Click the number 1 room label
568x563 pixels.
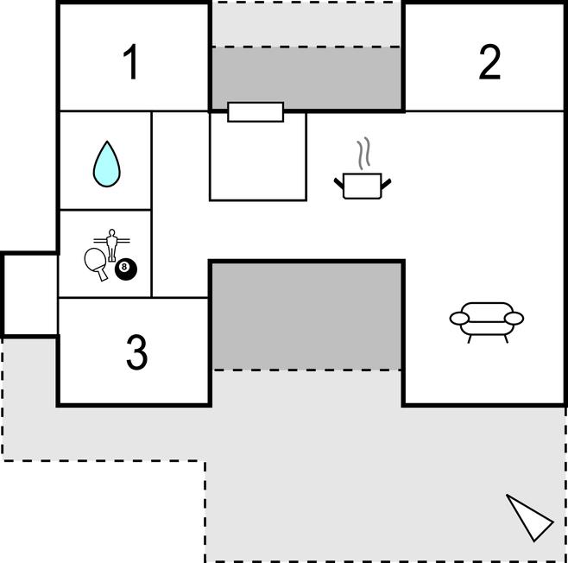click(x=131, y=63)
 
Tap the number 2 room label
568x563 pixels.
click(x=489, y=62)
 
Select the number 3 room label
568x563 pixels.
click(x=136, y=352)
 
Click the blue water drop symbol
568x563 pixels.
click(x=106, y=163)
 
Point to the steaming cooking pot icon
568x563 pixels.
click(x=363, y=184)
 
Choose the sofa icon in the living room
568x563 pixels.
click(x=486, y=319)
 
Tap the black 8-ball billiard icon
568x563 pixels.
click(x=125, y=269)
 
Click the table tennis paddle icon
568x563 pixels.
click(x=96, y=261)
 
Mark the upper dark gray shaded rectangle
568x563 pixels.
click(x=306, y=78)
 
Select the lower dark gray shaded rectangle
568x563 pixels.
click(x=306, y=315)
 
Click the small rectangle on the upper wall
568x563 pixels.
click(x=256, y=111)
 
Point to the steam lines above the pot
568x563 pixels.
click(x=367, y=153)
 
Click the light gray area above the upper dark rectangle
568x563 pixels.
click(x=306, y=24)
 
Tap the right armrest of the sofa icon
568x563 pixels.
click(x=514, y=318)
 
